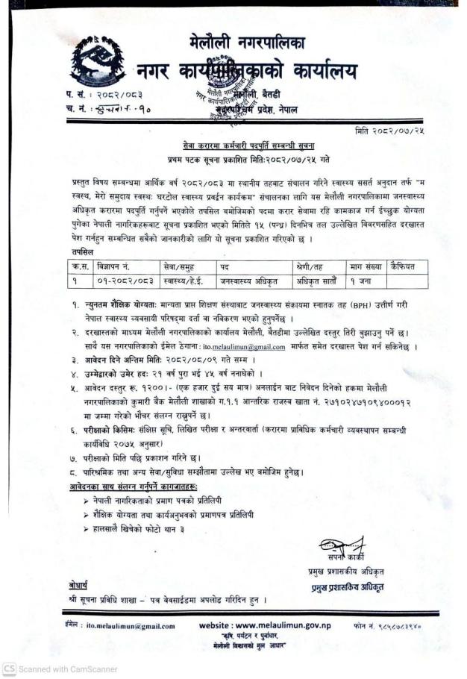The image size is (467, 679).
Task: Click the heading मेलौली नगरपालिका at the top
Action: (247, 42)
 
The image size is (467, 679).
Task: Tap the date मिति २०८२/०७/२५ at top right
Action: (407, 131)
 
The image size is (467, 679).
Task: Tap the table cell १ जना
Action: (363, 282)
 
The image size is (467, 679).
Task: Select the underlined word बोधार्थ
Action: (73, 584)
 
